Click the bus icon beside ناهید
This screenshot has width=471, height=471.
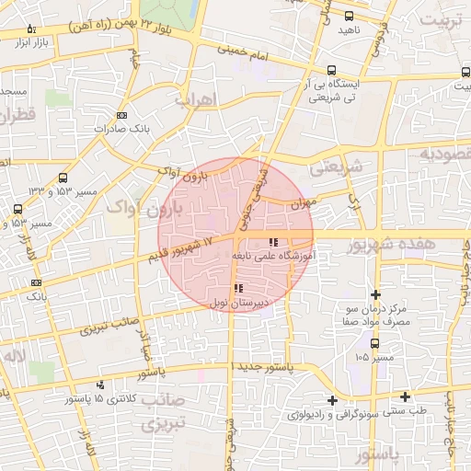pos(349,16)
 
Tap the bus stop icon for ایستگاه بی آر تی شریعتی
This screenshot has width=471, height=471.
pos(330,70)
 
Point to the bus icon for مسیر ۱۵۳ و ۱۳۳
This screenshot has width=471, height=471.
pos(63,178)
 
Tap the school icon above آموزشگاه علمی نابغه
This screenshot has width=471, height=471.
pos(272,242)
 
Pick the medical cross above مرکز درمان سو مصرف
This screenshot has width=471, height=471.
pos(375,293)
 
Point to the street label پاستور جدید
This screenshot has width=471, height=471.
pos(262,366)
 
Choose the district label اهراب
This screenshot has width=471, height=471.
pos(192,98)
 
